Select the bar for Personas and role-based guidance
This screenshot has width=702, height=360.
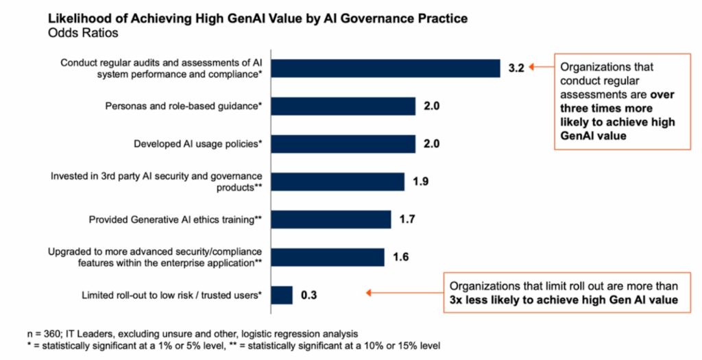coord(343,106)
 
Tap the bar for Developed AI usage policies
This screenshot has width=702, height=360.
coord(343,144)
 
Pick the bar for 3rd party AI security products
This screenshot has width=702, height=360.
coord(338,182)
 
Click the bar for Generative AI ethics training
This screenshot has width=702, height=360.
coord(331,219)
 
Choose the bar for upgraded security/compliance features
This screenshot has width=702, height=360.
coord(328,257)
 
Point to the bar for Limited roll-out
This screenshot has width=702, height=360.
coord(282,295)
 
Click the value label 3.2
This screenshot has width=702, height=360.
coord(516,69)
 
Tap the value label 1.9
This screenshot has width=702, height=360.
coord(420,182)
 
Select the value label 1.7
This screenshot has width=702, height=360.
coord(407,219)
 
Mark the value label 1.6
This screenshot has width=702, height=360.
coord(401,257)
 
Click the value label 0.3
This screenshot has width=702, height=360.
coord(309,295)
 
